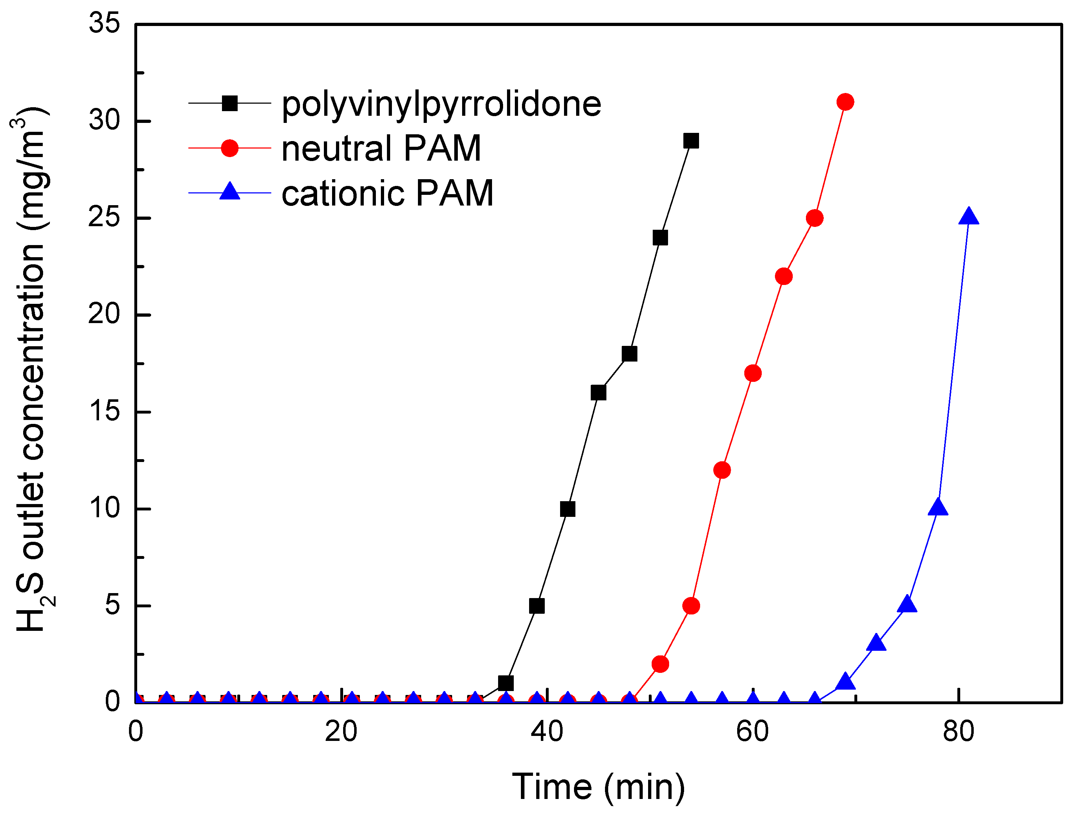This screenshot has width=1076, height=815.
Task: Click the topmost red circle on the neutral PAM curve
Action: [x=845, y=102]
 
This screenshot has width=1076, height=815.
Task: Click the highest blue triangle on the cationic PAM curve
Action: [x=968, y=216]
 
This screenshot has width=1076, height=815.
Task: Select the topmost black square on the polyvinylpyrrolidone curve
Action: [x=691, y=141]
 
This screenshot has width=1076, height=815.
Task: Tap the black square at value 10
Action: [x=568, y=509]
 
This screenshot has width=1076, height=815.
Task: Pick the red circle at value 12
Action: [x=722, y=470]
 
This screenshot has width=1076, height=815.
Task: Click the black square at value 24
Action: [x=660, y=238]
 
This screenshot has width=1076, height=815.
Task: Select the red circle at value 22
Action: [x=783, y=276]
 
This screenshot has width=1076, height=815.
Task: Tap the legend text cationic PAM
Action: [x=387, y=193]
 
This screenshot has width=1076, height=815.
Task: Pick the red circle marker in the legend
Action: [x=229, y=148]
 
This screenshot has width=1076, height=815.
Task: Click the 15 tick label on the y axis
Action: [x=104, y=411]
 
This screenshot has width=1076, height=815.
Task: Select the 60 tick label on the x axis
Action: [x=752, y=731]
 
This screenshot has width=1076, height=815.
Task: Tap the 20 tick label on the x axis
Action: [x=341, y=731]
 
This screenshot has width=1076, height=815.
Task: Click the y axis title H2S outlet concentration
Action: [x=32, y=370]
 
